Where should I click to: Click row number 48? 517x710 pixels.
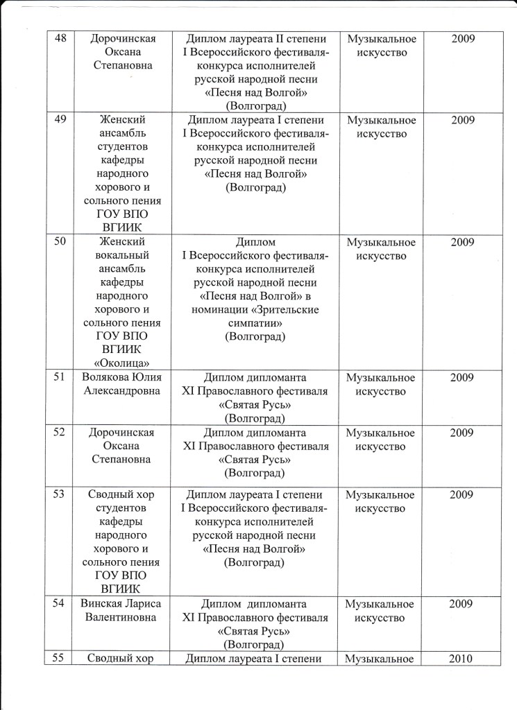pos(60,39)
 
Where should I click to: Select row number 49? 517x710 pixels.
pos(60,120)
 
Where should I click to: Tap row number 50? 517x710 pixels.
pos(60,242)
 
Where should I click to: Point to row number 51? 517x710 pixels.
pos(60,378)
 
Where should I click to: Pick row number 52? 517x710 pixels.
pos(60,433)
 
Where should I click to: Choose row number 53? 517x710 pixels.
pos(60,495)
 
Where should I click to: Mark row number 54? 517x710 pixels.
pos(60,604)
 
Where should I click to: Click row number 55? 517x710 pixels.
pos(60,659)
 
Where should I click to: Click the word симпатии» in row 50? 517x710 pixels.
pos(255,323)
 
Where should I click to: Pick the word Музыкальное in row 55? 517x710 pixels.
pos(380,659)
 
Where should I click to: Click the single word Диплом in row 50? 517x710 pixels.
pos(255,242)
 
